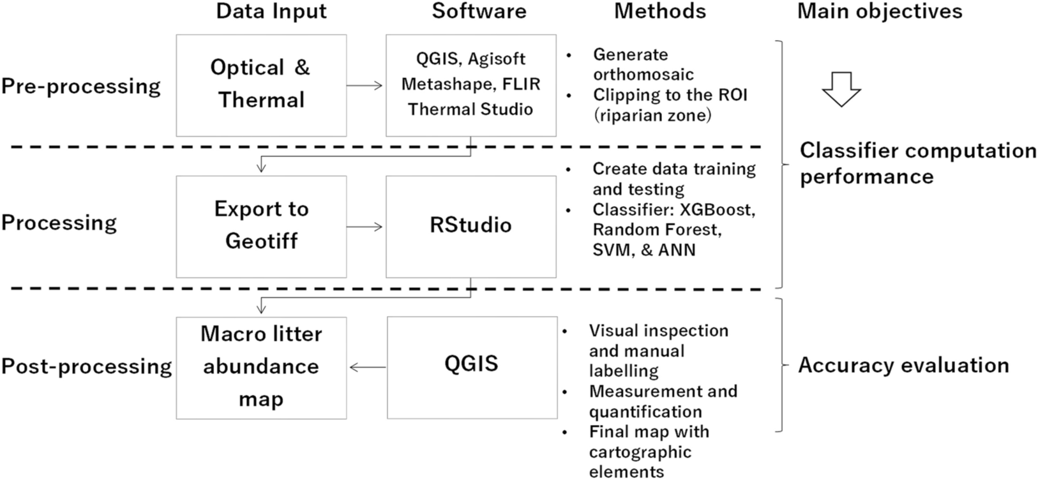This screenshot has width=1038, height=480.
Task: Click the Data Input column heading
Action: click(271, 11)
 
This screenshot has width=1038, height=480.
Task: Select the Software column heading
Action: click(479, 11)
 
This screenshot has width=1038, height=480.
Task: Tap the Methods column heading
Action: click(660, 11)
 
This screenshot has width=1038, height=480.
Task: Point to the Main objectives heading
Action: click(880, 11)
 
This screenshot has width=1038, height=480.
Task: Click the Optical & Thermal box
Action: click(261, 85)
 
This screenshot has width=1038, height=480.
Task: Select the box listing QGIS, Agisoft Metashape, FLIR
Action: click(470, 85)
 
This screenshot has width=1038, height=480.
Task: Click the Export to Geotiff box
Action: click(261, 226)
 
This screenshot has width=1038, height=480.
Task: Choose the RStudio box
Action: click(470, 226)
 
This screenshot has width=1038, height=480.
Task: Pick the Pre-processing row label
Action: click(80, 86)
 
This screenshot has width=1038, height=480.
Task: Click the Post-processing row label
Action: click(86, 366)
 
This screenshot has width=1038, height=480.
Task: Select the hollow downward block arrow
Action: click(841, 89)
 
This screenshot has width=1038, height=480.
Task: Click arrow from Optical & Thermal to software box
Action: click(365, 86)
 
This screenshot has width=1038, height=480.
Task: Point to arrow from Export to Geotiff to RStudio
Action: click(365, 227)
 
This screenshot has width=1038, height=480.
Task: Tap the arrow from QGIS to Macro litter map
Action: click(368, 367)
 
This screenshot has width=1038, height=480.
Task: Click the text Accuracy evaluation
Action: click(903, 365)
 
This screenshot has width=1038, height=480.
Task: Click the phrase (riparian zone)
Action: click(651, 116)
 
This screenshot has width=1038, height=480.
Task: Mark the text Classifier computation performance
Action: click(918, 163)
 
